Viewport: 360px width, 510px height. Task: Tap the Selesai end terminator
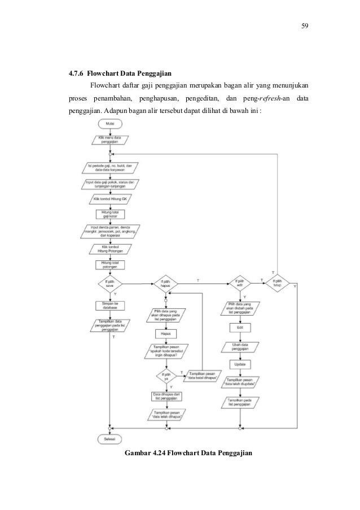point(109,438)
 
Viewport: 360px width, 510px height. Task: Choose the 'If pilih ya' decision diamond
point(165,375)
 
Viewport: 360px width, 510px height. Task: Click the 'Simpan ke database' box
point(109,306)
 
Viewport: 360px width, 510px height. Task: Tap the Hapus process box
point(165,334)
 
